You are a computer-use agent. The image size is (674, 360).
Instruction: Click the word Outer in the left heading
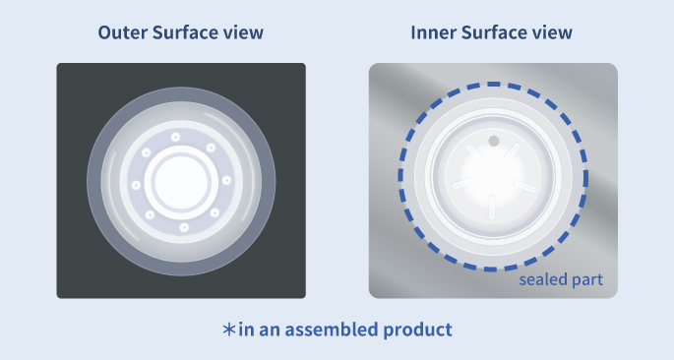coord(123,32)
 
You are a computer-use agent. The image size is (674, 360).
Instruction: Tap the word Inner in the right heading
coord(433,32)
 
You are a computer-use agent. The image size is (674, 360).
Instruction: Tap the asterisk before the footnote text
coord(229,330)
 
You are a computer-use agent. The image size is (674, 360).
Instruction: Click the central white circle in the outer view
coord(181,182)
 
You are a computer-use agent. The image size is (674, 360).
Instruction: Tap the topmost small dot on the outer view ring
coord(175,137)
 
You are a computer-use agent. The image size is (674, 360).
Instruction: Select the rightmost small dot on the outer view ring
coord(226,180)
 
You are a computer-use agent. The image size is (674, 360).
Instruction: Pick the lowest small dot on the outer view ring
coord(184,227)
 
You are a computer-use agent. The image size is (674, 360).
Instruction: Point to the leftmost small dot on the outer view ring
coord(136,185)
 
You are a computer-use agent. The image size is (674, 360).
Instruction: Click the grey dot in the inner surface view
coord(494,141)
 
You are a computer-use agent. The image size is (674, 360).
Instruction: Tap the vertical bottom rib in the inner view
coord(492,208)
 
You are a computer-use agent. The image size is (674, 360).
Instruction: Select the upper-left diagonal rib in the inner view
coord(475,152)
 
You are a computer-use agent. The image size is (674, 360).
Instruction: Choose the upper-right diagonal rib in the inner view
coord(512,151)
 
